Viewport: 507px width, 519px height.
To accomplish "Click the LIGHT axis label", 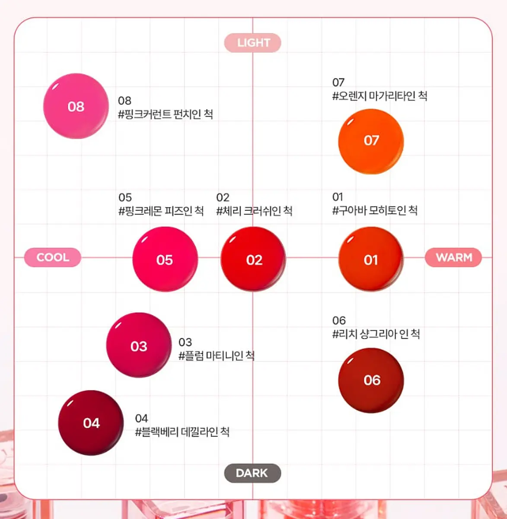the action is [x=252, y=43].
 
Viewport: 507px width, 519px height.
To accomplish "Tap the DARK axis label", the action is [x=252, y=473].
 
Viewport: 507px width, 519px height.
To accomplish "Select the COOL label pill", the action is [x=52, y=257].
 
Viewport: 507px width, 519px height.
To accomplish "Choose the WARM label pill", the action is [x=453, y=257].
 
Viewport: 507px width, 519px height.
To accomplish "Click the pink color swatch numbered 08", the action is [x=76, y=106].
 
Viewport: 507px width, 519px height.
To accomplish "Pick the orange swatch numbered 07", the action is [x=371, y=141].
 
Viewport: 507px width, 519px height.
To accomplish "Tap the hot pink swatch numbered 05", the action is [x=165, y=259].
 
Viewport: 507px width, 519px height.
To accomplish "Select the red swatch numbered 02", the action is [x=253, y=259].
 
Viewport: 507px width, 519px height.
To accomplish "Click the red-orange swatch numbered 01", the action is [x=371, y=259].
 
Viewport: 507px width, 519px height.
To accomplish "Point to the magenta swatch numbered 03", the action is [x=139, y=345].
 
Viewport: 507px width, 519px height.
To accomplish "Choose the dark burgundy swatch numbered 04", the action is [x=91, y=423].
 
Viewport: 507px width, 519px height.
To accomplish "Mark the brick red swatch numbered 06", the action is [x=371, y=380].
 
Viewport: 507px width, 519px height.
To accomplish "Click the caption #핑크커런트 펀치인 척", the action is [x=166, y=115].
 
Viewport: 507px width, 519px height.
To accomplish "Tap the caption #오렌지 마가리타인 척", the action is [x=380, y=96].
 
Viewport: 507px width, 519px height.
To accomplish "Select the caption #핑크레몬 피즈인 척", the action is [x=161, y=211].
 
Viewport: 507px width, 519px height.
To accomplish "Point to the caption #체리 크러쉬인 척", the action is [x=254, y=211].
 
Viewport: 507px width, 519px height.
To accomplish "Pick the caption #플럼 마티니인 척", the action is [x=217, y=356].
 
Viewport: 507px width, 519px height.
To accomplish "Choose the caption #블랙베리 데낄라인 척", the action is [x=182, y=432].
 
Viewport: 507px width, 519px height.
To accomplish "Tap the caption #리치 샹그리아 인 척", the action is [x=376, y=334].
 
